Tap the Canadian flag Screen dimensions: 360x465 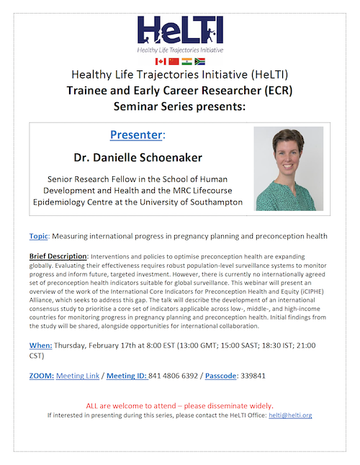[160, 63]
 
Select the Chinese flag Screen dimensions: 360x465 [174, 63]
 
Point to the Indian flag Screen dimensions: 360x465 [186, 63]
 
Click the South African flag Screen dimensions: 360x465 [200, 63]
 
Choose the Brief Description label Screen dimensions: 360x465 [57, 256]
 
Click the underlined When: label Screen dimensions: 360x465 [41, 346]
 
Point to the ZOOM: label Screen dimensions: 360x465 [41, 375]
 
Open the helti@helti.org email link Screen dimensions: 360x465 [289, 415]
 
